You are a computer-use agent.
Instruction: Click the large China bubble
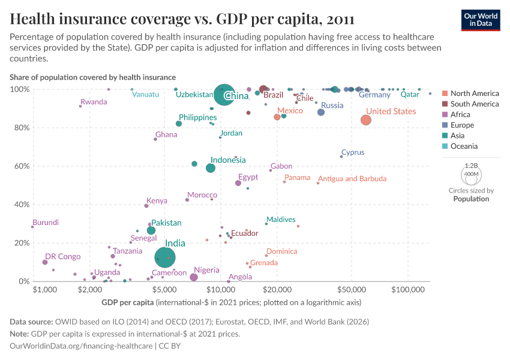click(224, 95)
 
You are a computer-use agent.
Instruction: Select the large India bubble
click(164, 257)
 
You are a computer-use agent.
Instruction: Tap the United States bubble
click(366, 120)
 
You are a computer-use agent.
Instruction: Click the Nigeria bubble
click(194, 277)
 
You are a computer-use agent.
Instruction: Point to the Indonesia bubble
click(211, 168)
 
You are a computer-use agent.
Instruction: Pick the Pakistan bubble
click(151, 230)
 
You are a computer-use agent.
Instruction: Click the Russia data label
click(332, 106)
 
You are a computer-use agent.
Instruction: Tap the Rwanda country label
click(94, 102)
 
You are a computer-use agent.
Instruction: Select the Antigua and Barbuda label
click(352, 179)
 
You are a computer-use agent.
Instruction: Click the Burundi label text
click(46, 223)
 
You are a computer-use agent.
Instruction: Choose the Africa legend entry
click(461, 115)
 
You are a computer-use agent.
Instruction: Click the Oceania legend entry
click(464, 146)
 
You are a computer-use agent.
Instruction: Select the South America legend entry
click(474, 104)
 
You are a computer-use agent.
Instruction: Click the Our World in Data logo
click(481, 20)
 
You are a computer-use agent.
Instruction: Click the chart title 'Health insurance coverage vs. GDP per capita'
click(182, 19)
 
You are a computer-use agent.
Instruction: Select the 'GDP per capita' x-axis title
click(130, 302)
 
